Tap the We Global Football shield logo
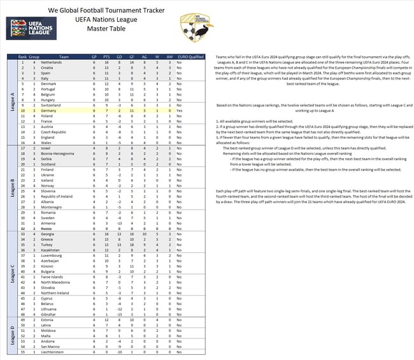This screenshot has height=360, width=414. pos(192,28)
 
